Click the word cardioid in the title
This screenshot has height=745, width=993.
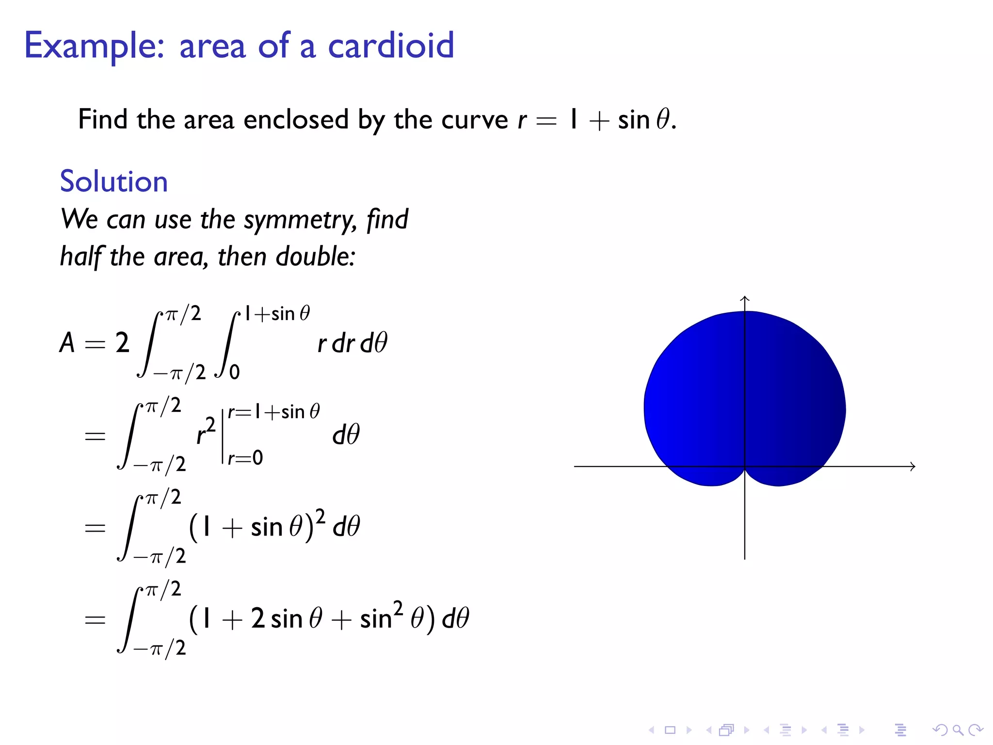click(391, 46)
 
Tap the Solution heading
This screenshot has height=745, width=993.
click(114, 181)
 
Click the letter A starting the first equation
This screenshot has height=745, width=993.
click(67, 343)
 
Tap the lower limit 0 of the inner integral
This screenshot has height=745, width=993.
click(235, 372)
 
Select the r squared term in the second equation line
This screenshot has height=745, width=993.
click(206, 431)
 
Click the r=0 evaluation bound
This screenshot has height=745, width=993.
click(245, 458)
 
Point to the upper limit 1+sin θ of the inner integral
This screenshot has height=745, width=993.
click(277, 314)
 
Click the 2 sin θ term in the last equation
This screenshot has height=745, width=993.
click(286, 619)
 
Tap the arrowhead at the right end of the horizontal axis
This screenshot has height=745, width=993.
click(913, 466)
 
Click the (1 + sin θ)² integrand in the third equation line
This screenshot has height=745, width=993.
click(257, 526)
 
